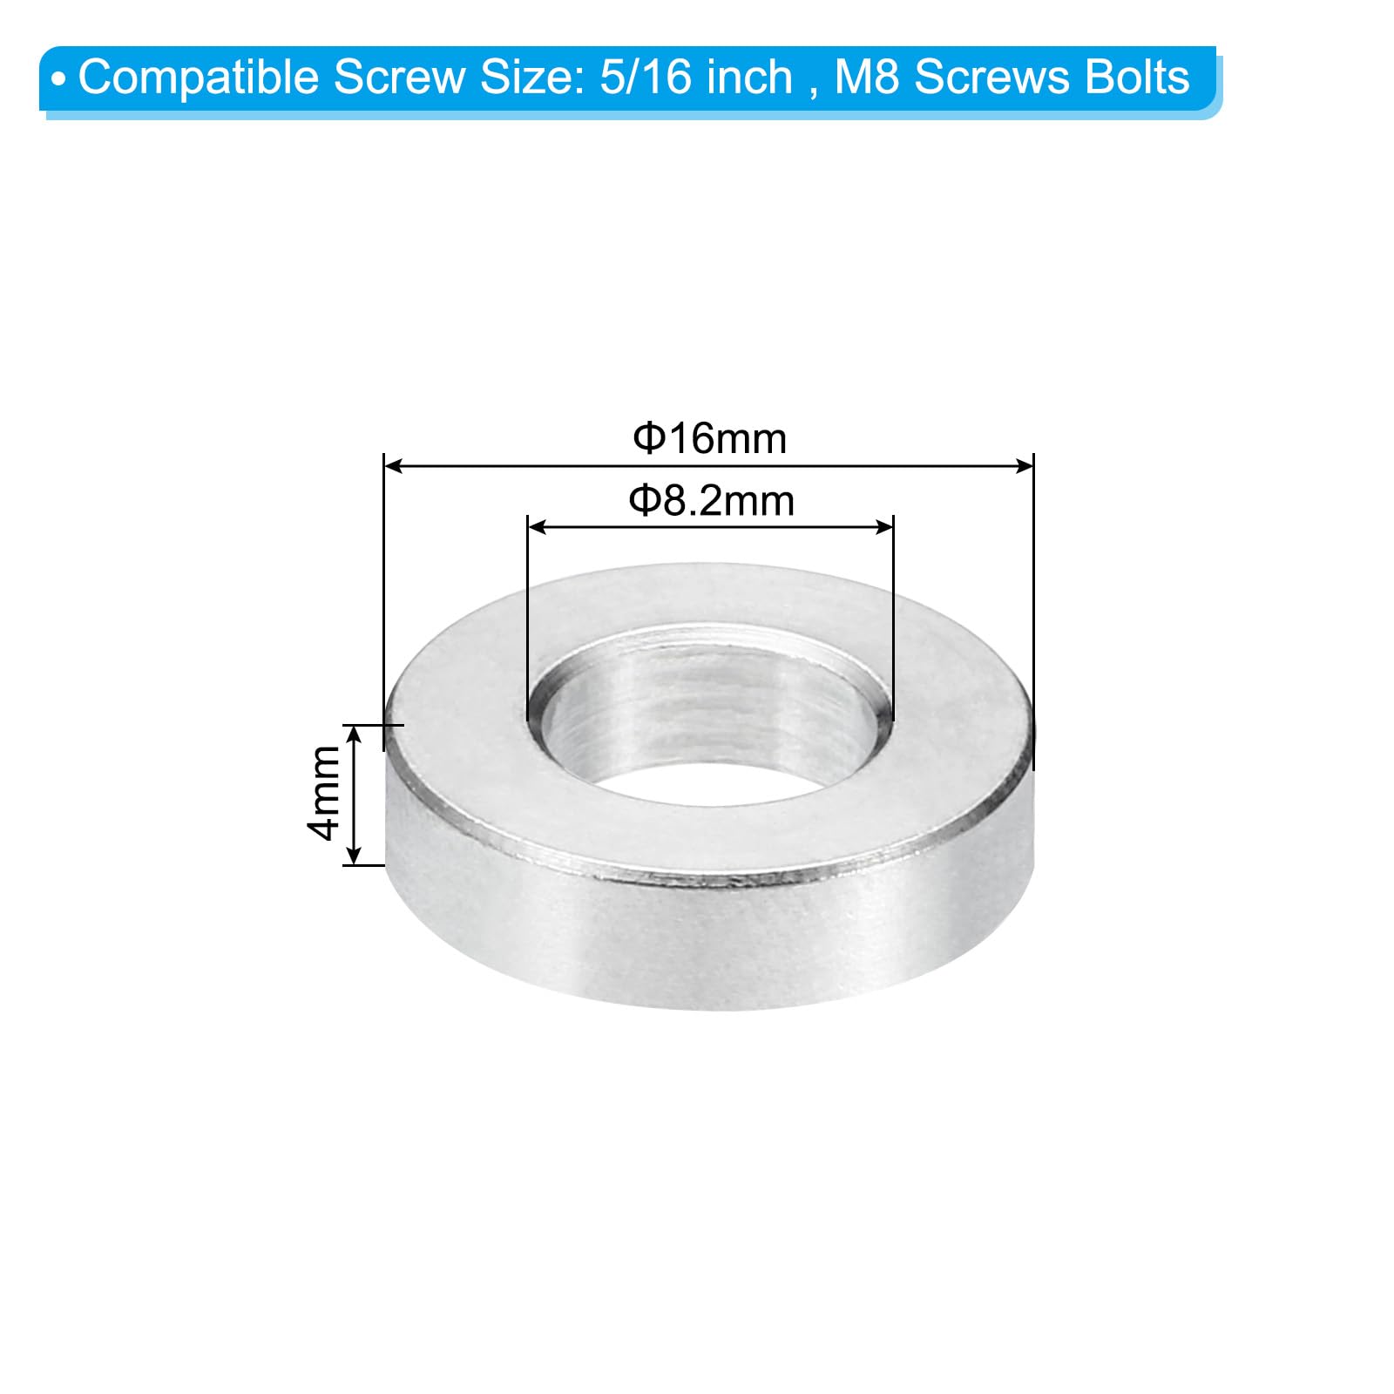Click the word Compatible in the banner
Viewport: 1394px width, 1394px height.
(200, 78)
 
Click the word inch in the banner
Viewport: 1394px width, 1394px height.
(749, 78)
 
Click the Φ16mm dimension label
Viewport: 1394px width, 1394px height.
(709, 438)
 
